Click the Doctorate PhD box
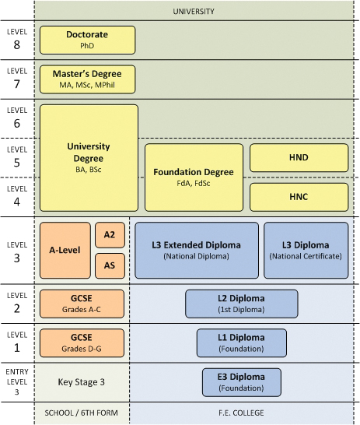[x=87, y=40]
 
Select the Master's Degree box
[x=87, y=79]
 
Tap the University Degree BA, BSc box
[x=89, y=158]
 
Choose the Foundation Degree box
[x=194, y=177]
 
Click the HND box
[x=299, y=158]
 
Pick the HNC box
[x=299, y=197]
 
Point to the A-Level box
[x=65, y=250]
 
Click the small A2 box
[x=110, y=235]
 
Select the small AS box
[x=110, y=266]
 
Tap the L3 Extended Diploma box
[x=197, y=250]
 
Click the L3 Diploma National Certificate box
[x=306, y=250]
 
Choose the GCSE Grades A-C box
[x=82, y=304]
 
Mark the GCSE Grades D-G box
[x=82, y=343]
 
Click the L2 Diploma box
[x=242, y=304]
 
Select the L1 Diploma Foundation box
[x=242, y=343]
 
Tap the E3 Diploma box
[x=242, y=382]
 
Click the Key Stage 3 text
[x=81, y=382]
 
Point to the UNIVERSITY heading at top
[x=194, y=12]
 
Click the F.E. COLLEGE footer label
[x=241, y=413]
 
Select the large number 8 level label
[x=17, y=44]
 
